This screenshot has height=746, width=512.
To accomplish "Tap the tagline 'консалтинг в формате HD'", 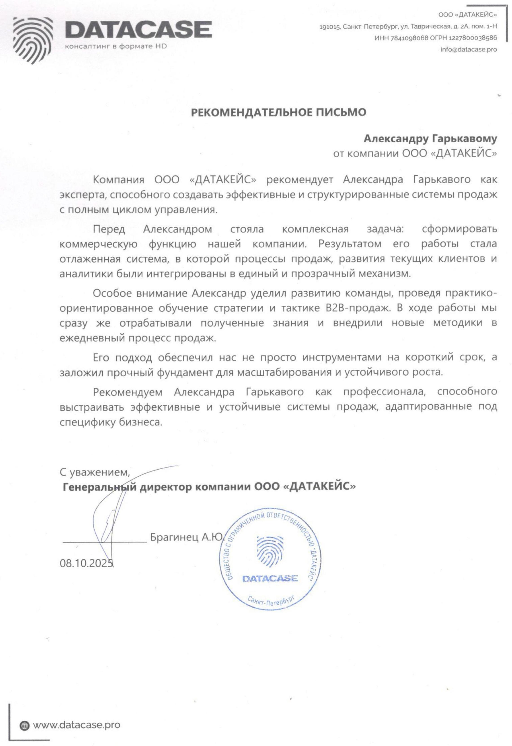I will click(x=116, y=46).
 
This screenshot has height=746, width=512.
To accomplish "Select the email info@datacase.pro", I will click(x=469, y=50).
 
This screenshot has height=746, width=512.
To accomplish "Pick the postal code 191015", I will click(x=329, y=27).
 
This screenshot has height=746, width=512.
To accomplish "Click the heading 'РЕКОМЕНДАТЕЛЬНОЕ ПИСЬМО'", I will click(x=278, y=112).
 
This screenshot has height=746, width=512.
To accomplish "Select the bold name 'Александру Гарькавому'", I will click(x=430, y=139).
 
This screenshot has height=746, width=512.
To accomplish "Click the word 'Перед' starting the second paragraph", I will click(x=109, y=229).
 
